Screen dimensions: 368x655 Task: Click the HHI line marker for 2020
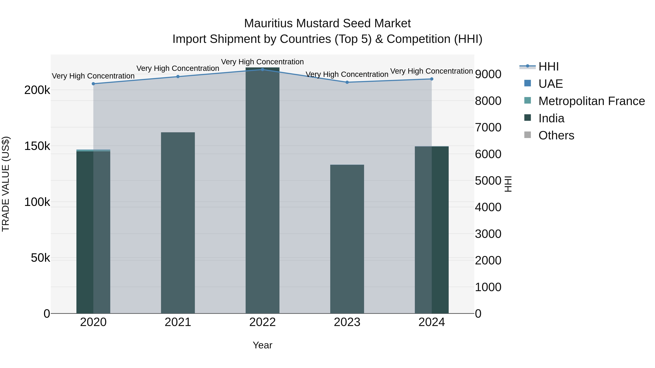point(93,84)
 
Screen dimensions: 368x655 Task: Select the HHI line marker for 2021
point(178,77)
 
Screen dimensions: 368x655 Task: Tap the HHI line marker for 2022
point(262,70)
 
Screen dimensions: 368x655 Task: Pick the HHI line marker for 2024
point(432,79)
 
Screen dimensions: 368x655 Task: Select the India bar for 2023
point(347,239)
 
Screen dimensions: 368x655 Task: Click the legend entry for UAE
point(551,84)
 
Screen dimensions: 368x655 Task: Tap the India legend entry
point(551,118)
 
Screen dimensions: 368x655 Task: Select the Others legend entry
point(556,135)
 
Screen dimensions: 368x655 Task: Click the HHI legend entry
point(548,67)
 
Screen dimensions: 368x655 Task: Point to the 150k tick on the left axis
point(37,146)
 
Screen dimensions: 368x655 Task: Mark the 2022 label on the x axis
point(262,322)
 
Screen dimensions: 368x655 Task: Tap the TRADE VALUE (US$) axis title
point(6,184)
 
